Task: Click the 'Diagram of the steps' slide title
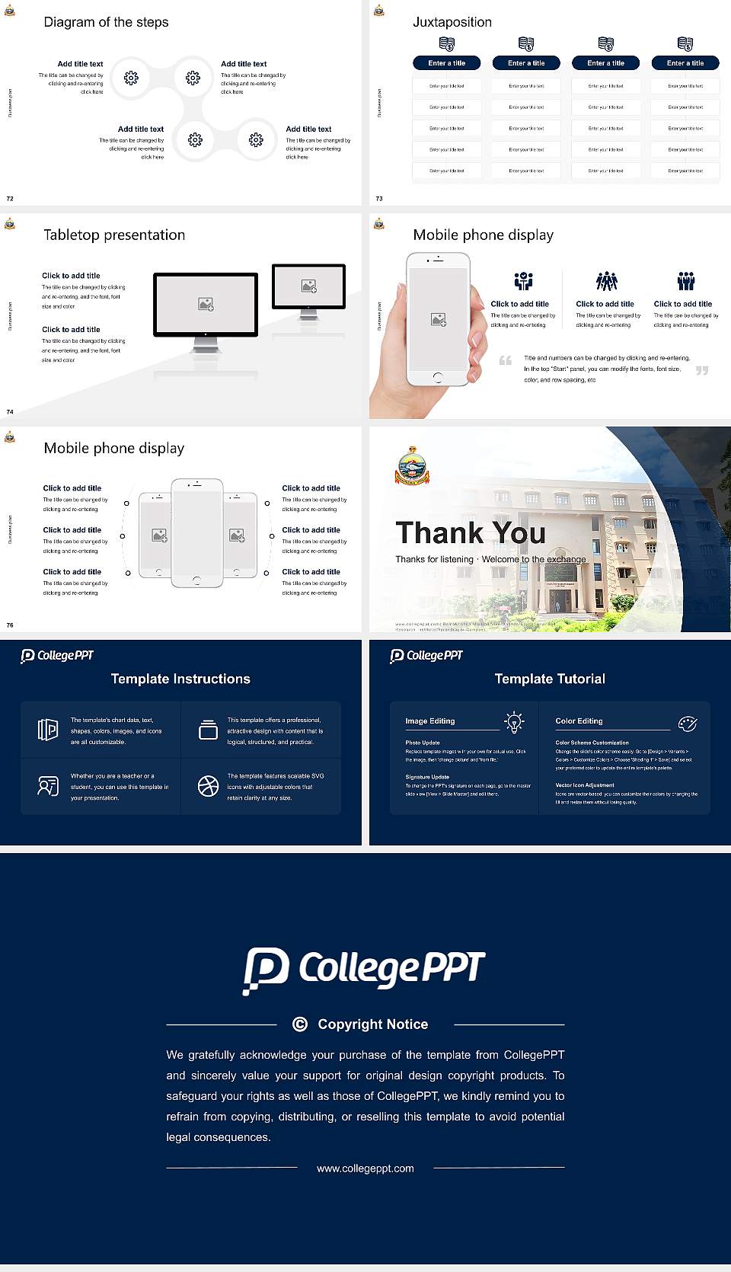coord(106,22)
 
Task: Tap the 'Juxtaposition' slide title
coord(452,22)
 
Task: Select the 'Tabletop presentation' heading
coord(114,235)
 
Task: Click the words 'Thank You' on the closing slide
coord(471,532)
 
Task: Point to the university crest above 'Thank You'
coord(412,465)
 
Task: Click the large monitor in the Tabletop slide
coord(206,305)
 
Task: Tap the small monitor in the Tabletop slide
coord(308,286)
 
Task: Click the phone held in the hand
coord(438,318)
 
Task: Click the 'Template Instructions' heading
coord(180,679)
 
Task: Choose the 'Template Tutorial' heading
coord(550,679)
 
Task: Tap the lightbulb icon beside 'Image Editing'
coord(514,722)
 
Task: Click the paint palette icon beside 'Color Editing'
coord(687,723)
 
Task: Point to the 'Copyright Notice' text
coord(372,1024)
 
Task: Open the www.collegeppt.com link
coord(365,1168)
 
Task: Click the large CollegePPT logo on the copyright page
coord(364,970)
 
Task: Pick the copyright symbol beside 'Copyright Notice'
coord(300,1024)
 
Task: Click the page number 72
coord(10,198)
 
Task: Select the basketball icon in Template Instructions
coord(208,786)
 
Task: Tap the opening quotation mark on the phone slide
coord(506,360)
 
